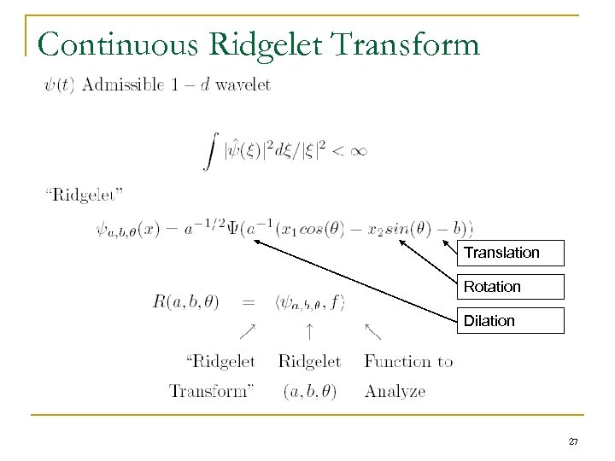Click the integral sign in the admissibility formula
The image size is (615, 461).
tap(208, 153)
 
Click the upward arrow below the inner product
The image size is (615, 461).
tap(308, 330)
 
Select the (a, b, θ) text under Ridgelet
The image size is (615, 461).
tap(308, 391)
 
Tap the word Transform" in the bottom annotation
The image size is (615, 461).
tap(212, 391)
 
